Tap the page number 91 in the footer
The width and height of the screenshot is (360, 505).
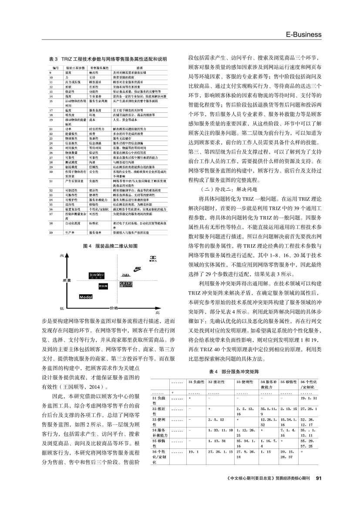point(318,478)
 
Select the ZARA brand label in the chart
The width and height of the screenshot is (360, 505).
point(126,275)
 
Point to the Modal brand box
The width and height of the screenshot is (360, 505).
point(86,296)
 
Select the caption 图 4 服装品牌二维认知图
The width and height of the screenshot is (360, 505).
point(110,246)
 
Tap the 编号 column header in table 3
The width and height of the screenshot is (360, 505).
point(55,68)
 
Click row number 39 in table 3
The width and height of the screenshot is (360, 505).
point(51,232)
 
